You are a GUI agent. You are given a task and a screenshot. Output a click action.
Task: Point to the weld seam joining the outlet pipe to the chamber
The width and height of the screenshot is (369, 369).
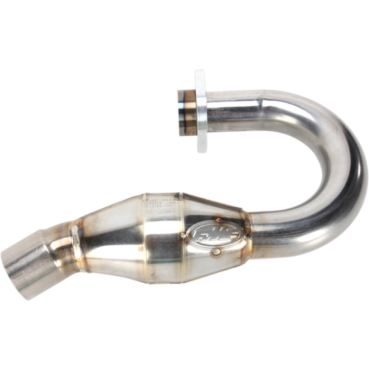click(74, 244)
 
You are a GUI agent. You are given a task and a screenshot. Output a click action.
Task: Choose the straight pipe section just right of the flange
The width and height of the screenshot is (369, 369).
click(237, 105)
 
